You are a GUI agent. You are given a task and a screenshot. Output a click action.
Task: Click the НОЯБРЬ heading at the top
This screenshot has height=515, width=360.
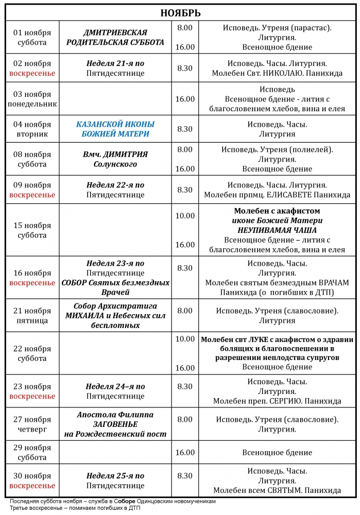point(180,13)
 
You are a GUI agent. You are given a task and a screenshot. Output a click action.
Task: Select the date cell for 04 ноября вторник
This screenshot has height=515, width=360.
point(32,129)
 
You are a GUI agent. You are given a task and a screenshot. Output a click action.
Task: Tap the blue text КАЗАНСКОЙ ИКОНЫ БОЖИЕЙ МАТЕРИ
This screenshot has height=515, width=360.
point(115,129)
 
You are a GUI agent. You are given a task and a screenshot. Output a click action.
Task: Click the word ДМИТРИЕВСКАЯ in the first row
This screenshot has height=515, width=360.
point(115,32)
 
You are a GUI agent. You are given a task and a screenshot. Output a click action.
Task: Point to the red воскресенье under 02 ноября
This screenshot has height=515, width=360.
point(32,74)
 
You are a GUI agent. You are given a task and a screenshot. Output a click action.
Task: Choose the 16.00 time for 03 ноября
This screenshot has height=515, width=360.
point(185,99)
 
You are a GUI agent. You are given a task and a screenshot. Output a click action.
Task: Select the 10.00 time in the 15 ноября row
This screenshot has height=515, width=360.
point(185,216)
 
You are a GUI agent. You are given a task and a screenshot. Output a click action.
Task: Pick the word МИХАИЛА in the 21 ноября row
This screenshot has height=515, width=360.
point(85,316)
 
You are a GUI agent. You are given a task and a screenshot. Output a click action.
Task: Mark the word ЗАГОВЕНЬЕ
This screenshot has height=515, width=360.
point(115,424)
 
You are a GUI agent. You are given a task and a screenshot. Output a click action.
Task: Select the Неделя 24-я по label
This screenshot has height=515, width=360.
point(115,387)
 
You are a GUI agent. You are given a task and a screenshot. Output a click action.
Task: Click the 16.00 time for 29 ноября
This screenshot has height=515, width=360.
point(185,453)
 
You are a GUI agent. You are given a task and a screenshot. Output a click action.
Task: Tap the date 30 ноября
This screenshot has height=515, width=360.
point(32,476)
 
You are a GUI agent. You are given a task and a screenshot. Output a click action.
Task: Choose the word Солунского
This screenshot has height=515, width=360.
point(115,164)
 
